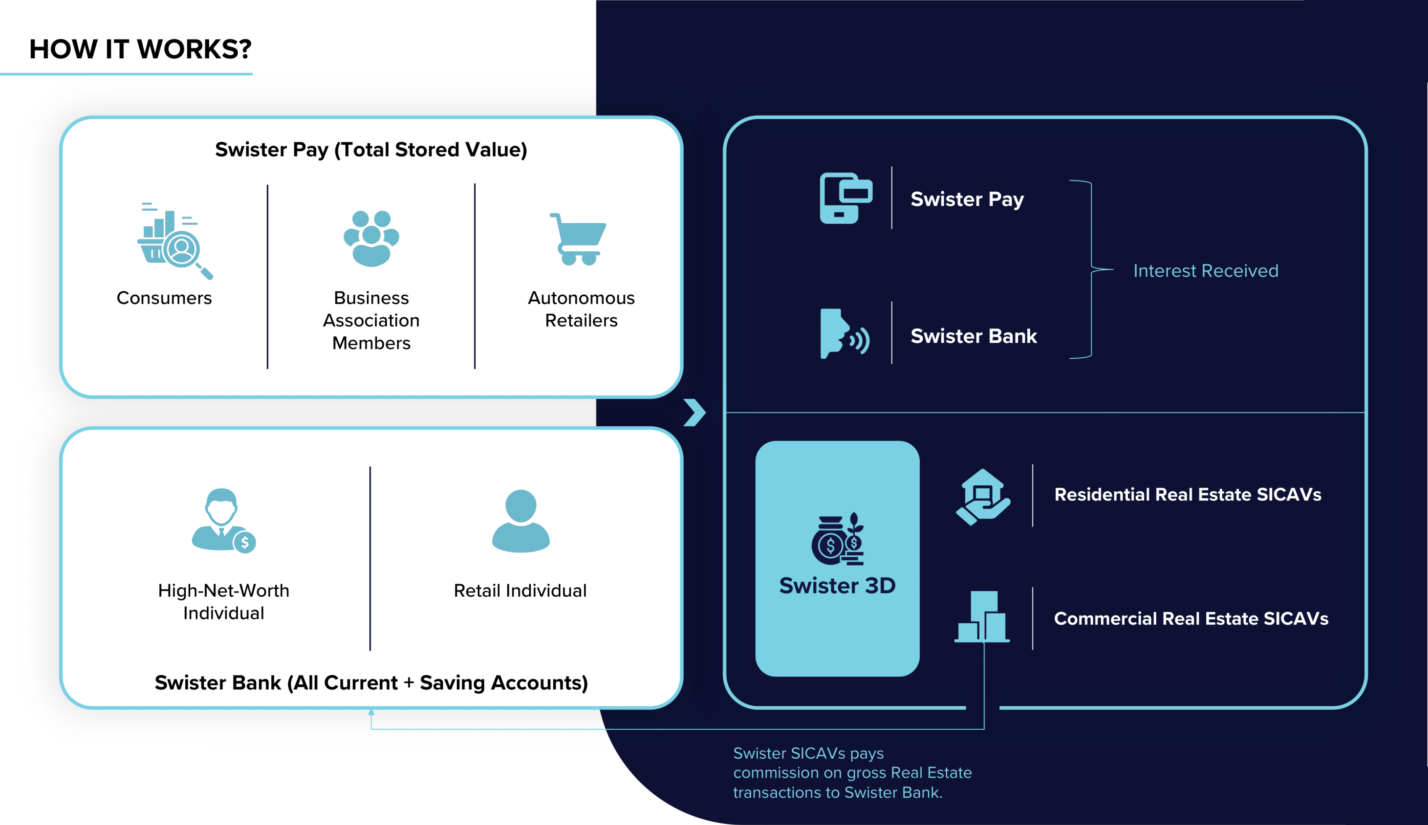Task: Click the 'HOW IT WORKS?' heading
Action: (x=140, y=49)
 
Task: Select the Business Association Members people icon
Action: (x=371, y=238)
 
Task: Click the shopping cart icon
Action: (x=578, y=239)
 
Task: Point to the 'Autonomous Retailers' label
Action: (x=581, y=309)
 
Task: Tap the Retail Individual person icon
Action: (x=520, y=521)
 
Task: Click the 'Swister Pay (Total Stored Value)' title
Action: (x=371, y=149)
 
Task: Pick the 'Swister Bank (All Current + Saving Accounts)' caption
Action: (x=371, y=682)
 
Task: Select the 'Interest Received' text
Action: (x=1205, y=271)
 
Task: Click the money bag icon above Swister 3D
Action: (x=837, y=539)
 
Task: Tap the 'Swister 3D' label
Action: (x=837, y=585)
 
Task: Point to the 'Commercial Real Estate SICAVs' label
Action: (x=1191, y=618)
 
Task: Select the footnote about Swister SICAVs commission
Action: (x=852, y=773)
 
